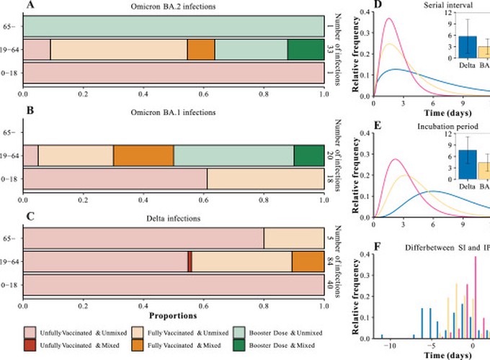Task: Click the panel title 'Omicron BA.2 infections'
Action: [x=173, y=7]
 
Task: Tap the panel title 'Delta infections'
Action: [x=173, y=217]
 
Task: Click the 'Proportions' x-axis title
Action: [x=173, y=315]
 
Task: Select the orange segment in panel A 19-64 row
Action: [x=201, y=50]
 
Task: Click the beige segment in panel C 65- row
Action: [x=293, y=238]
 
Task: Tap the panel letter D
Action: [x=357, y=6]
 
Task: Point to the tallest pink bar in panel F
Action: [x=476, y=297]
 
